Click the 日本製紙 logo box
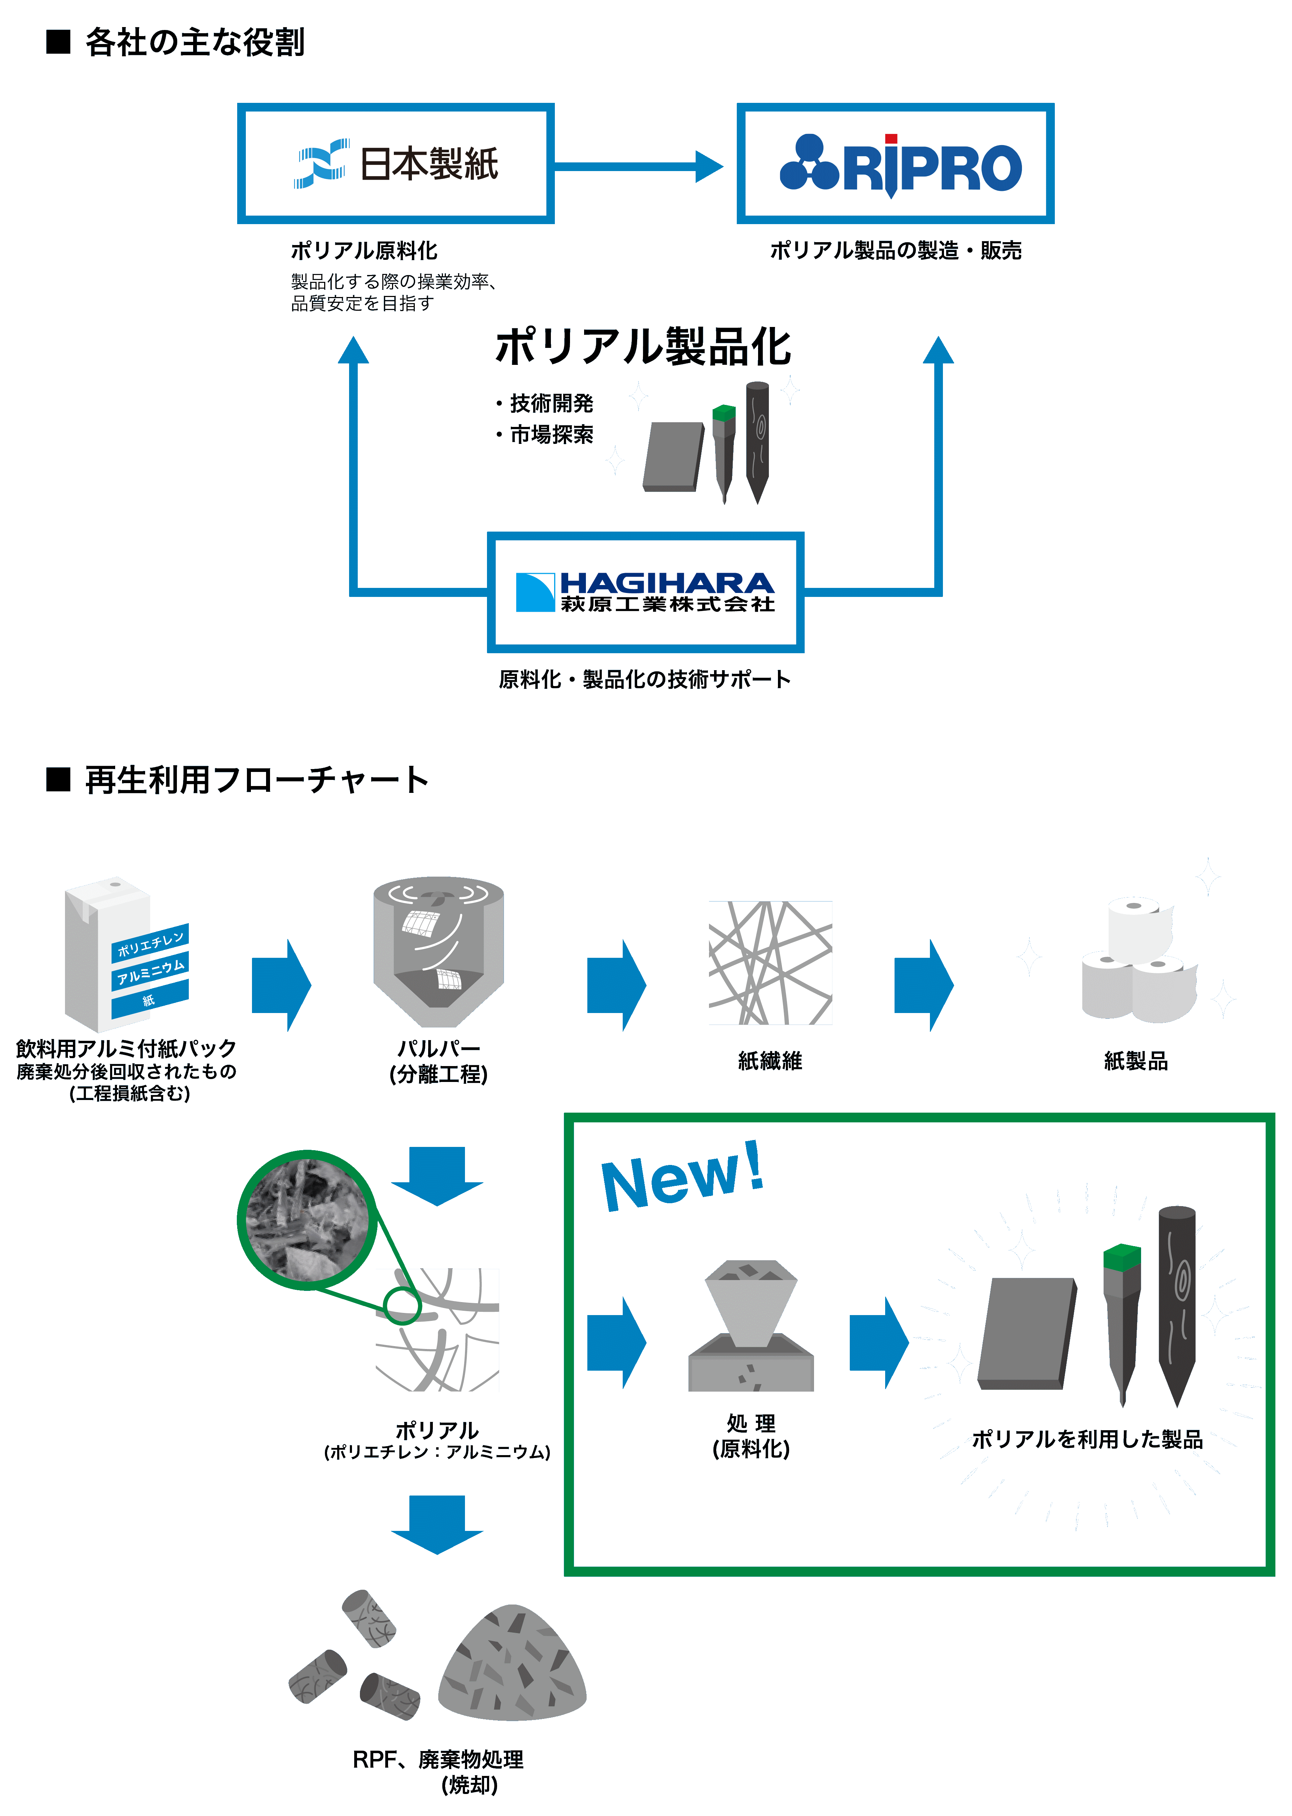[395, 164]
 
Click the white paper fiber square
[770, 963]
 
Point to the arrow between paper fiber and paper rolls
[923, 985]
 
